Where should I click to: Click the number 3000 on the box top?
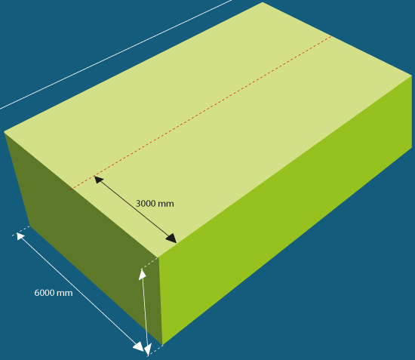pyautogui.click(x=146, y=204)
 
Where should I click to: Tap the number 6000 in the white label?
pyautogui.click(x=44, y=293)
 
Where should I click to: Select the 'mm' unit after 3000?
pyautogui.click(x=165, y=204)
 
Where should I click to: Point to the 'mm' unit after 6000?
pyautogui.click(x=64, y=294)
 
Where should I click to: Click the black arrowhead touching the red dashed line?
pyautogui.click(x=98, y=179)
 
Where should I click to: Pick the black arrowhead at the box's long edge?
pyautogui.click(x=171, y=238)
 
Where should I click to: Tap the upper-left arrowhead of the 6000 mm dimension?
pyautogui.click(x=20, y=235)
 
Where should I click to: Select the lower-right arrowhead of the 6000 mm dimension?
pyautogui.click(x=139, y=347)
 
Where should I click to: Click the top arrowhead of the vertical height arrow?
pyautogui.click(x=143, y=274)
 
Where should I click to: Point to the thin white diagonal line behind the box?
pyautogui.click(x=115, y=54)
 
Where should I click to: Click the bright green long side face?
pyautogui.click(x=286, y=209)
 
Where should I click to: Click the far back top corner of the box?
pyautogui.click(x=263, y=2)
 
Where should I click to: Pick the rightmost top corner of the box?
pyautogui.click(x=412, y=75)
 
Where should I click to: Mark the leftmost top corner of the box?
pyautogui.click(x=4, y=131)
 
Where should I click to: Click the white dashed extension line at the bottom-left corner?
pyautogui.click(x=21, y=231)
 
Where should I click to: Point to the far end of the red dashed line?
pyautogui.click(x=332, y=36)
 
